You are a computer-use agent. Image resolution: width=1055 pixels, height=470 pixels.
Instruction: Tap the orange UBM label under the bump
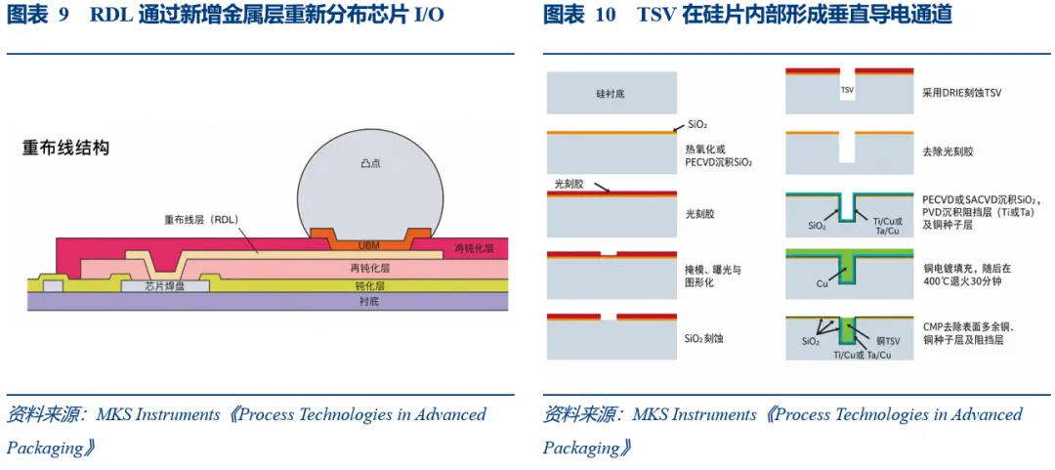pyautogui.click(x=368, y=243)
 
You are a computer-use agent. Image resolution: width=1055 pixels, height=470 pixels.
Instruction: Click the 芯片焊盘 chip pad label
pyautogui.click(x=165, y=286)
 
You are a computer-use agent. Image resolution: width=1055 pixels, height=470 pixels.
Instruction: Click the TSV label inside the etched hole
pyautogui.click(x=847, y=89)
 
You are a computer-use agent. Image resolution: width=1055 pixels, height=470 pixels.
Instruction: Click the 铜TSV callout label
pyautogui.click(x=893, y=341)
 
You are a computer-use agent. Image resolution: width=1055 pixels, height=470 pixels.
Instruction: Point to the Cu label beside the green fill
pyautogui.click(x=822, y=283)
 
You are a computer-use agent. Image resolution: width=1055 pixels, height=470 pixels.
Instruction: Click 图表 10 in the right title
pyautogui.click(x=579, y=16)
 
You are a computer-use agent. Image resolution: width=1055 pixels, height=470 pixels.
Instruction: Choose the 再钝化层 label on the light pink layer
pyautogui.click(x=370, y=268)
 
